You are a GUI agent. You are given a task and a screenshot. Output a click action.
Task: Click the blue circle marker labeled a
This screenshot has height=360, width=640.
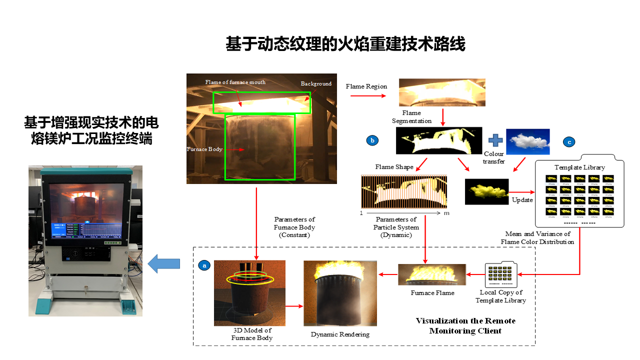tap(204, 265)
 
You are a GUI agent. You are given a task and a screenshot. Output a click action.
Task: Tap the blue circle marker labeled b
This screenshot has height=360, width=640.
tap(372, 140)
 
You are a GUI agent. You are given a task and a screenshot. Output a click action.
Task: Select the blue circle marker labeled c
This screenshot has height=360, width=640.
tap(568, 142)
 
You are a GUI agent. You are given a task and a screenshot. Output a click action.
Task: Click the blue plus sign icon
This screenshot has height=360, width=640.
tap(494, 140)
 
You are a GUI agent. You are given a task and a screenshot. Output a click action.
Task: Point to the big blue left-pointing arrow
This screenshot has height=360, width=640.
tap(164, 263)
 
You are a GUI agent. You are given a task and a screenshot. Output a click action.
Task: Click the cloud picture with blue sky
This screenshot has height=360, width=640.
tap(527, 141)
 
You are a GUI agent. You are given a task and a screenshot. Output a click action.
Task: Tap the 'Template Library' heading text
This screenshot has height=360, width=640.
tap(579, 167)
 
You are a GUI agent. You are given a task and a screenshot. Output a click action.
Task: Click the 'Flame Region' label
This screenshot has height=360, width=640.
tap(366, 86)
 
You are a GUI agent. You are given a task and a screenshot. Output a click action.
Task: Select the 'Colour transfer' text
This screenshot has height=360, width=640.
tap(494, 157)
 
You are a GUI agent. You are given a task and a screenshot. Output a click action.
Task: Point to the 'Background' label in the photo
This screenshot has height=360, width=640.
tap(316, 83)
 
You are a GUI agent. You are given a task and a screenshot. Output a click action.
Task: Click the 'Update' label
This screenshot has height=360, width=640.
tap(522, 200)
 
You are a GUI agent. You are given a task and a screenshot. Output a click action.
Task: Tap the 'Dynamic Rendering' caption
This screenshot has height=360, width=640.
tap(340, 334)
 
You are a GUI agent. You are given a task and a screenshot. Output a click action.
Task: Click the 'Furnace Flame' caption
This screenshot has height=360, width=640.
tap(432, 292)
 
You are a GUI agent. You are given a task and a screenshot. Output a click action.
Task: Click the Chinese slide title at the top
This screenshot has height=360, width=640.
tap(345, 44)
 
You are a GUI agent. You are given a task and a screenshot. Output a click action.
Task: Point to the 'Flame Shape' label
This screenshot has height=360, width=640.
tap(394, 166)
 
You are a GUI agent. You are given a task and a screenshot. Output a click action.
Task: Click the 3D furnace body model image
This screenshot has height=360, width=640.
tap(249, 292)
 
